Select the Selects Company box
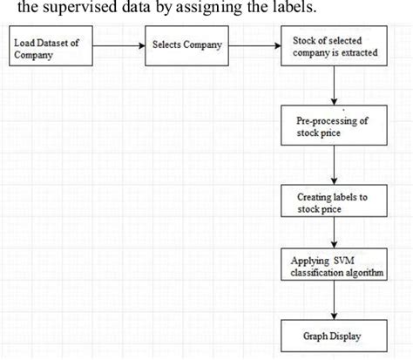(x=188, y=45)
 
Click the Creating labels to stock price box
(x=335, y=202)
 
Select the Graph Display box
(x=335, y=334)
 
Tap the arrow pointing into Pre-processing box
(x=335, y=86)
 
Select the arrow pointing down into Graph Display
(x=335, y=302)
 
